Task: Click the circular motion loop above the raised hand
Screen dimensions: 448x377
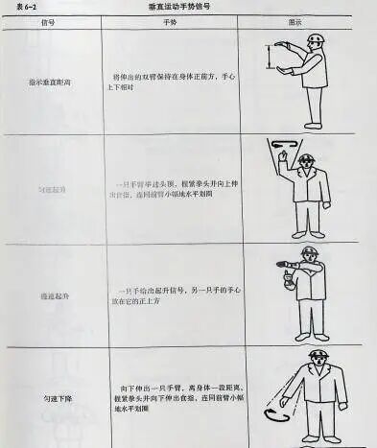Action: (x=282, y=146)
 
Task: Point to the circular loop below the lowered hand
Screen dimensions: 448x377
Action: (x=278, y=416)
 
